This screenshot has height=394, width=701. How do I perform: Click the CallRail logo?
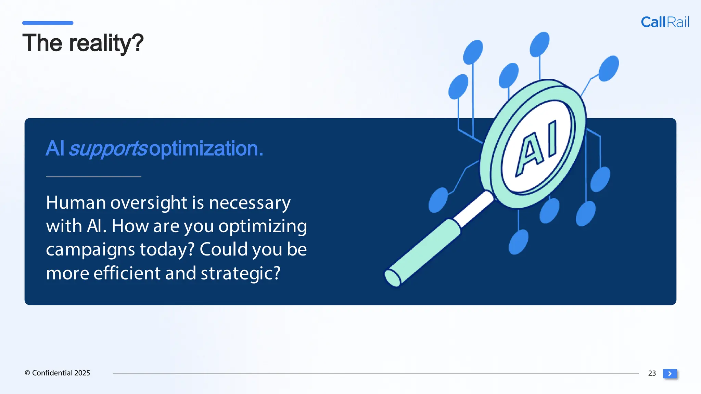tap(665, 22)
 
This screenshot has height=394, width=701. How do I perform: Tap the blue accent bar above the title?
tap(48, 23)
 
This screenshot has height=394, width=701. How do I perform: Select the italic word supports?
tap(108, 149)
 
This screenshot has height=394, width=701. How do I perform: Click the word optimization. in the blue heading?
tap(206, 149)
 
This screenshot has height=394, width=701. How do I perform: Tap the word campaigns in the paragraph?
tap(90, 250)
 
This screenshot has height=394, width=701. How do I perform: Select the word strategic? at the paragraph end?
tap(240, 273)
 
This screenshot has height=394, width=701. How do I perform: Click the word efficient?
tap(127, 273)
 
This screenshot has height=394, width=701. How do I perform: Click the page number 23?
tap(652, 373)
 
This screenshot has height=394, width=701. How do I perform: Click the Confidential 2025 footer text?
tap(57, 373)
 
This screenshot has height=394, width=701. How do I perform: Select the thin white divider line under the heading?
tap(93, 176)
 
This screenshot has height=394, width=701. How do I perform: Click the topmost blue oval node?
tap(539, 44)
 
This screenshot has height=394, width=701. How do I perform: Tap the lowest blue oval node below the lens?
tap(519, 242)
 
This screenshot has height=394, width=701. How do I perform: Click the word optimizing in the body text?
tap(263, 226)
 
